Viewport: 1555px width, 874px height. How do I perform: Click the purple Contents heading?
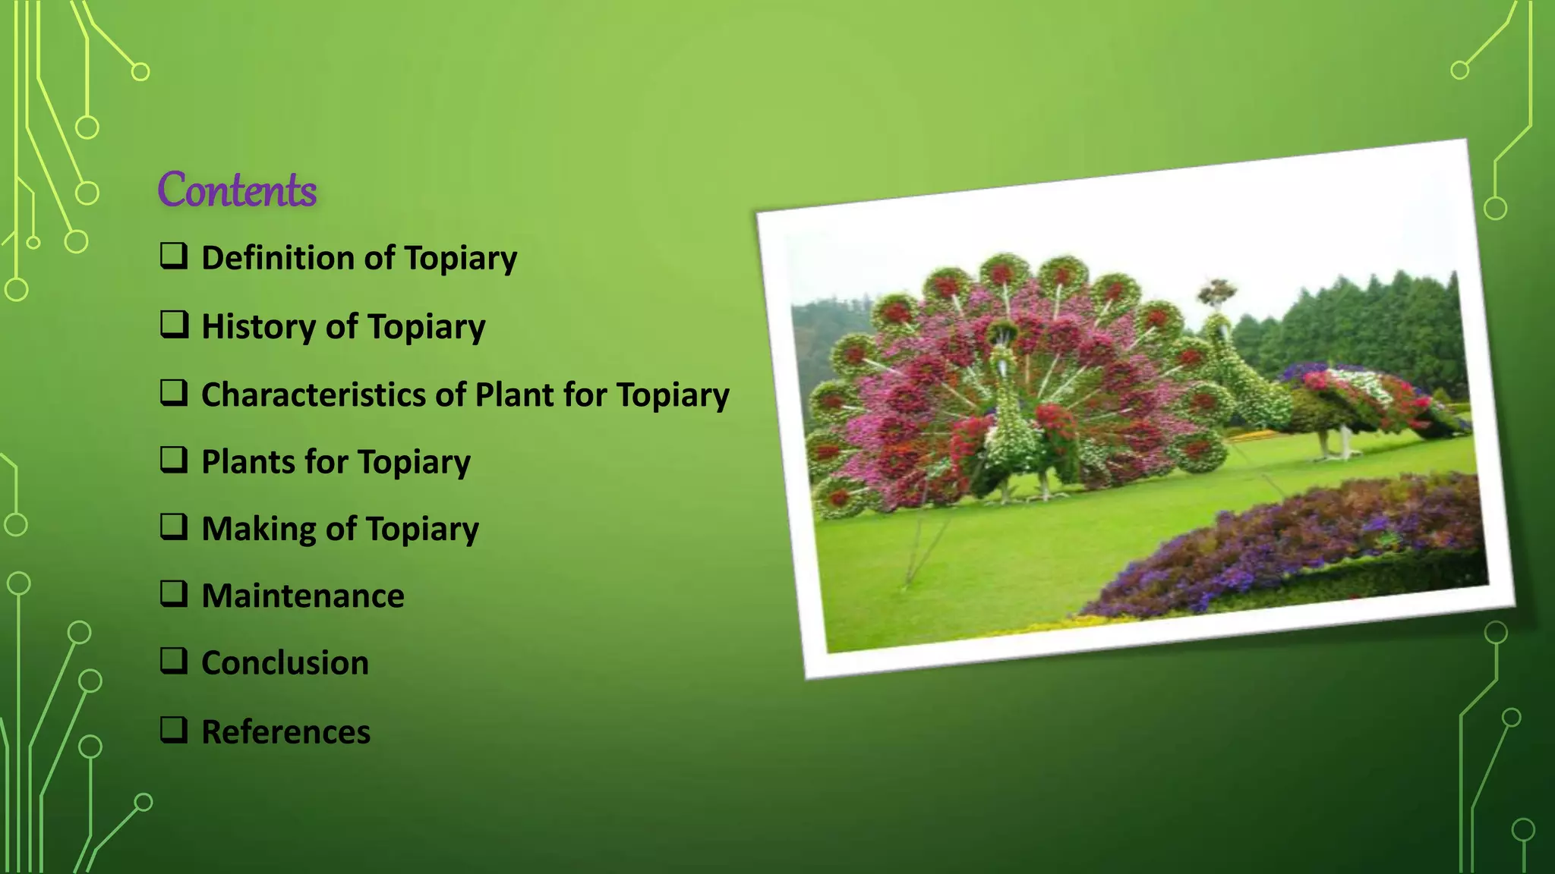pyautogui.click(x=237, y=190)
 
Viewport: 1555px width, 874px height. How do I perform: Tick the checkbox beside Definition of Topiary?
pyautogui.click(x=174, y=256)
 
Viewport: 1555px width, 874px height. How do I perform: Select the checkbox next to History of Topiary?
pyautogui.click(x=174, y=325)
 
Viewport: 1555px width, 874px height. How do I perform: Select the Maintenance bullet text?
pyautogui.click(x=302, y=596)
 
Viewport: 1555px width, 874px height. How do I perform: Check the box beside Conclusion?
pyautogui.click(x=174, y=661)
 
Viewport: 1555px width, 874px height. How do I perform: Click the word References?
pyautogui.click(x=285, y=731)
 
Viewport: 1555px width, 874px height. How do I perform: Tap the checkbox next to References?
pyautogui.click(x=174, y=730)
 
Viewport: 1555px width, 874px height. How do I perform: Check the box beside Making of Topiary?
pyautogui.click(x=174, y=527)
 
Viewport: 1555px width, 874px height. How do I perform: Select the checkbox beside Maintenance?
pyautogui.click(x=174, y=593)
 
